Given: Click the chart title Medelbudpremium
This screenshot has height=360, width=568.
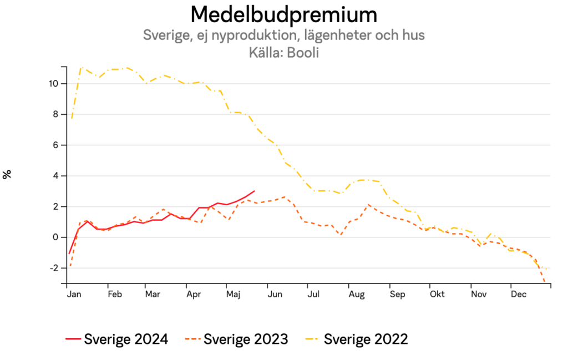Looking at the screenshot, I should click(x=283, y=13).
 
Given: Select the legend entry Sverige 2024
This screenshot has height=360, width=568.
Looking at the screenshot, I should click(x=116, y=339).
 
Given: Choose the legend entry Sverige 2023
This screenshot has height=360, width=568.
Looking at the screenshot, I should click(x=237, y=339).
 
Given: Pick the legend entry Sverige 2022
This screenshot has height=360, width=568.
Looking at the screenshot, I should click(x=357, y=339).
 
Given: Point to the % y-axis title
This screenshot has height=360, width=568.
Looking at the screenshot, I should click(x=7, y=174).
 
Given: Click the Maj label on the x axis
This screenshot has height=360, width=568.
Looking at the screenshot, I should click(x=233, y=294).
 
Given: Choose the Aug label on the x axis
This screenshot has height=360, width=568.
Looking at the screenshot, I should click(x=357, y=294).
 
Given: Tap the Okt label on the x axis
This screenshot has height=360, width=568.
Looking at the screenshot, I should click(x=438, y=294).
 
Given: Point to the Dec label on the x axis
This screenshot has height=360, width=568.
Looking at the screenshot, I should click(x=518, y=294).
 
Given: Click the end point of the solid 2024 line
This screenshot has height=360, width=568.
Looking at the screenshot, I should click(x=255, y=191).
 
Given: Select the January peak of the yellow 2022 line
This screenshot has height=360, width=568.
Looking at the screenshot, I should click(x=82, y=67).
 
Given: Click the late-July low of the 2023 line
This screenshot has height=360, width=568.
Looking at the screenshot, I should click(x=341, y=235).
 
